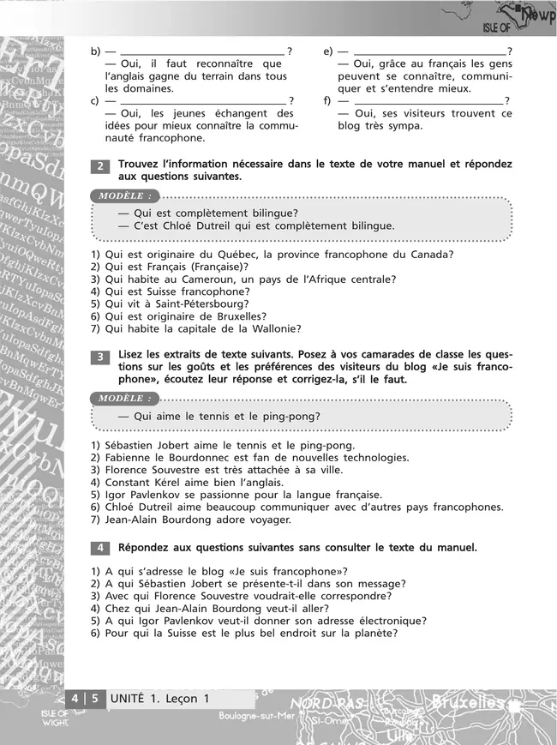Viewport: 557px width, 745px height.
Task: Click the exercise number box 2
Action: (x=100, y=166)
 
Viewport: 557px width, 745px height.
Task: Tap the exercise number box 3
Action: (x=100, y=357)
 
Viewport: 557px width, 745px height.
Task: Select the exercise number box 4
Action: (x=100, y=547)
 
